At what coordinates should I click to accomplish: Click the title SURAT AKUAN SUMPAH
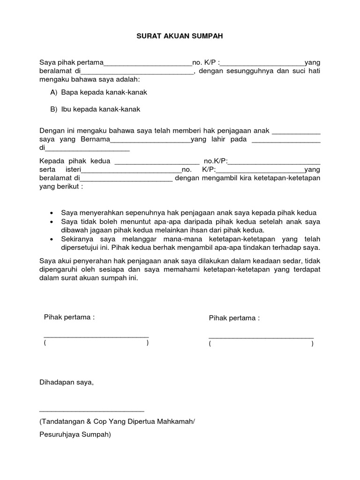[x=180, y=36]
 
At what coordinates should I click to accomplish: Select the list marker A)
[x=54, y=92]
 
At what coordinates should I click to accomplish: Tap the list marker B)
[x=54, y=109]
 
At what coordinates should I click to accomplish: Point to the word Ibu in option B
[x=66, y=109]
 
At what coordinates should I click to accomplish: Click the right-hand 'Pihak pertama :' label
[x=234, y=318]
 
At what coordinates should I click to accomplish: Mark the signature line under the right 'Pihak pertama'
[x=261, y=337]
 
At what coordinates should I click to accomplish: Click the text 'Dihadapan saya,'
[x=67, y=382]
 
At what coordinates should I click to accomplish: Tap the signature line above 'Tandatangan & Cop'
[x=92, y=411]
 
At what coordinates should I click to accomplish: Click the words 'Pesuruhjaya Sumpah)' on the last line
[x=75, y=435]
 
